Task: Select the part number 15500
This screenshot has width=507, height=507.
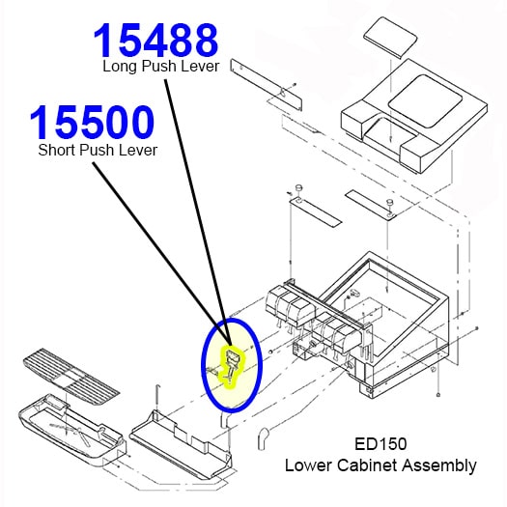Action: (x=91, y=124)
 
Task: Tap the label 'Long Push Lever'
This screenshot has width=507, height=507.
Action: (x=161, y=67)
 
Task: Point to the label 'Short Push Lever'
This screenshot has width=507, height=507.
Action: (x=98, y=150)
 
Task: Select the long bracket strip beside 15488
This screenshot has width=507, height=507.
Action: (x=265, y=88)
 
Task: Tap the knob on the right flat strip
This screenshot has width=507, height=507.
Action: (x=389, y=203)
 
